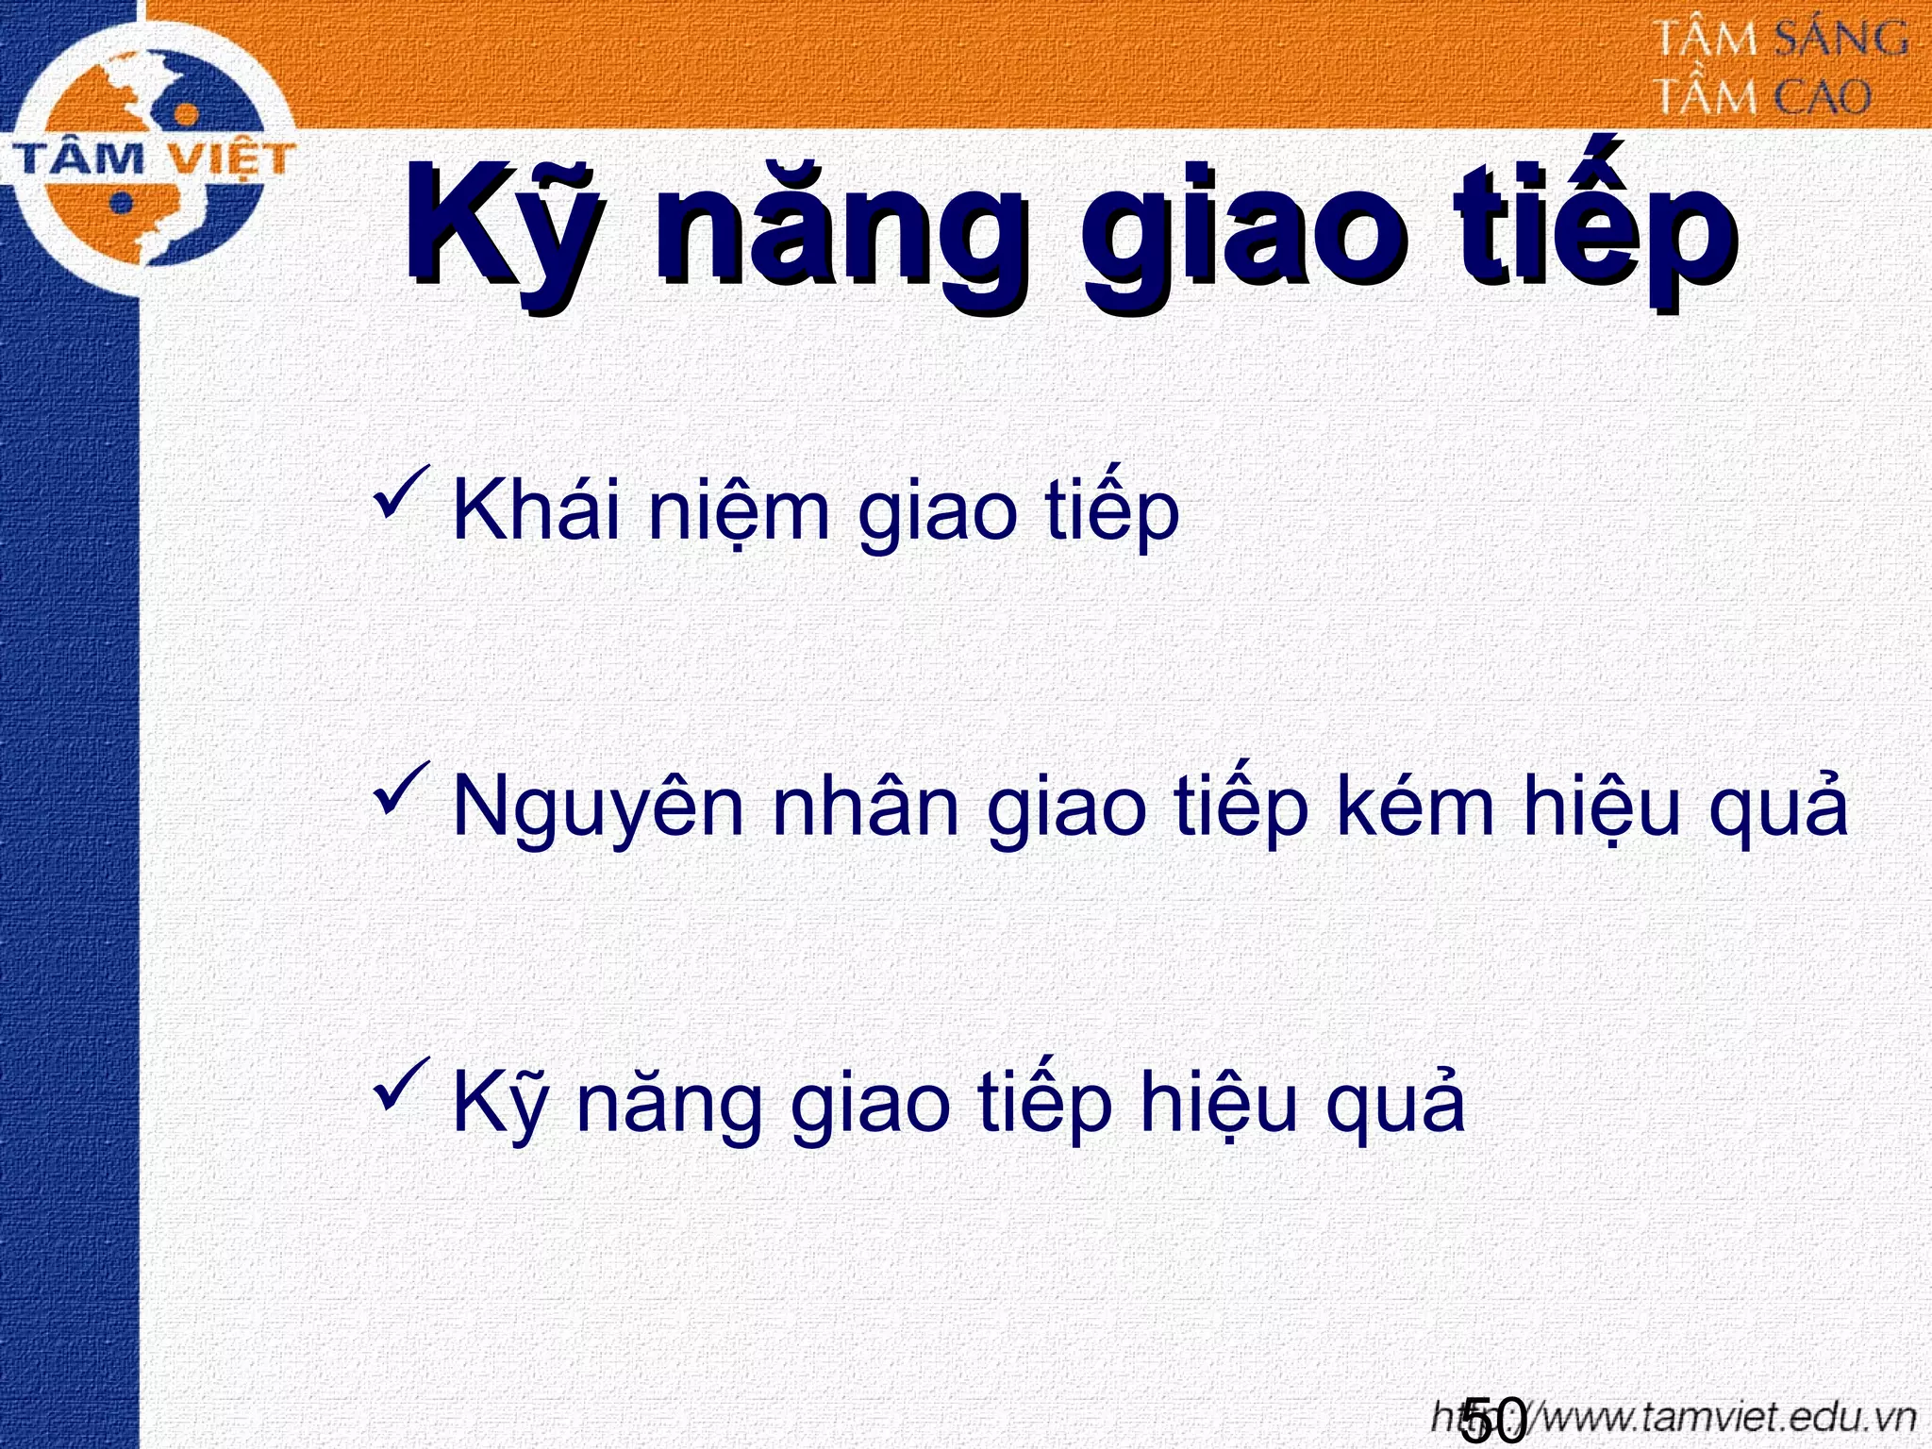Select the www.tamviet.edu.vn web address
pos(1698,1418)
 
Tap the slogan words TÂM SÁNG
pos(1782,41)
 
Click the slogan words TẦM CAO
pos(1763,97)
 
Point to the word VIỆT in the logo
pos(234,159)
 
